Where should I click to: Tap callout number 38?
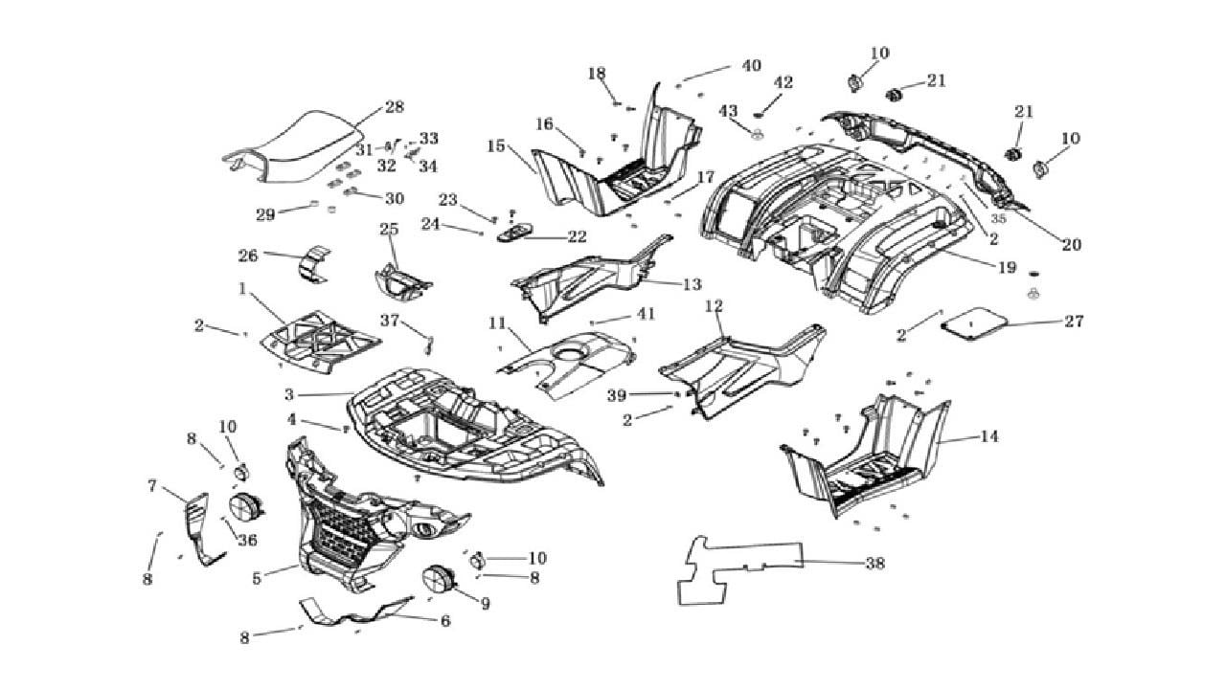tap(874, 564)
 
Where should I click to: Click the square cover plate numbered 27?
tap(975, 325)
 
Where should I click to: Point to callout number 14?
tap(989, 436)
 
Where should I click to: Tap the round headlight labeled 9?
tap(440, 580)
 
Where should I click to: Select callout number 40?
tap(751, 65)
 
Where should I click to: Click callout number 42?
tap(783, 83)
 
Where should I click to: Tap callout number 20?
tap(1071, 244)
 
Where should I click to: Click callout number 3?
tap(290, 393)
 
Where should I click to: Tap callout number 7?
tap(152, 485)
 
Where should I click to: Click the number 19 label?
tap(1007, 268)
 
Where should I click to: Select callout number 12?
tap(714, 306)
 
